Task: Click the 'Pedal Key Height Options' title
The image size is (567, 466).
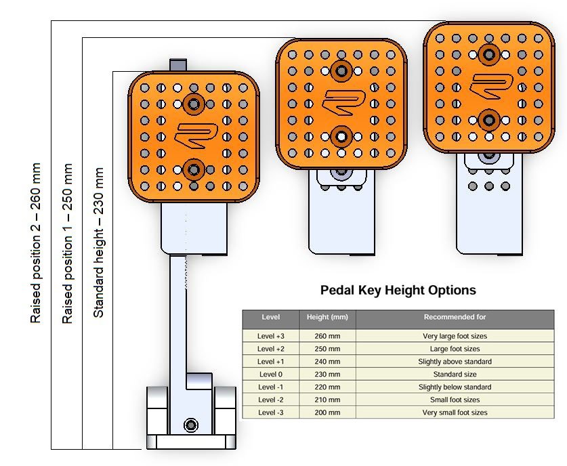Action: point(398,290)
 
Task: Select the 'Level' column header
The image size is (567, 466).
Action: point(270,317)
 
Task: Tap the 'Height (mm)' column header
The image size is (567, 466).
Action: point(327,317)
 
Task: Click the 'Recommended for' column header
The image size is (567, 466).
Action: point(455,317)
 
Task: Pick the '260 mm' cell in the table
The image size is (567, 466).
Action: point(327,336)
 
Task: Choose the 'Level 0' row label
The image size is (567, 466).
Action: point(270,374)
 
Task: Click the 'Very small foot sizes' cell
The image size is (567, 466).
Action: point(455,412)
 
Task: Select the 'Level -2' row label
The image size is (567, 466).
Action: point(270,400)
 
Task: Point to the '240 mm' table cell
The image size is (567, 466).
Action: point(327,362)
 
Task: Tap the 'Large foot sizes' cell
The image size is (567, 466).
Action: point(455,349)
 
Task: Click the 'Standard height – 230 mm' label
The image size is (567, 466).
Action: point(98,242)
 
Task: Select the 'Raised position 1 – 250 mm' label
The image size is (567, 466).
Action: point(67,243)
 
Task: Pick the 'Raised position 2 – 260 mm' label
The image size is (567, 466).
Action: point(35,243)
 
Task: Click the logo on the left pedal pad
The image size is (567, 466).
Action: point(196,135)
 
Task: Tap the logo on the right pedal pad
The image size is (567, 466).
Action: point(491,86)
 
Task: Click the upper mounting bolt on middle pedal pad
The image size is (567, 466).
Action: point(341,71)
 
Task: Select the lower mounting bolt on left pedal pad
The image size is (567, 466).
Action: point(194,169)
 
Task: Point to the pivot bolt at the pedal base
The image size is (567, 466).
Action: point(191,425)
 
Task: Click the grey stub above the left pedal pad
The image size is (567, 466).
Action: point(178,65)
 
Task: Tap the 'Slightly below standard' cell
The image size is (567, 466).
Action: point(455,387)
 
